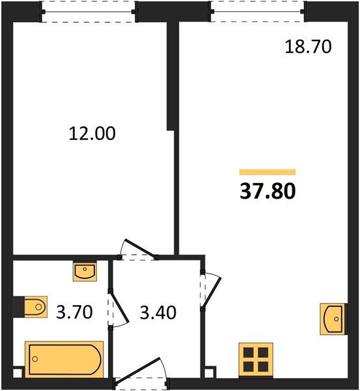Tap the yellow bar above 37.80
point(268,173)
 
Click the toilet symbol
point(31,305)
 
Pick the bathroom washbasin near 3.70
point(85,271)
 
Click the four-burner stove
point(255,359)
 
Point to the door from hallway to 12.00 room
point(138,250)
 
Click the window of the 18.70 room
point(257,11)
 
